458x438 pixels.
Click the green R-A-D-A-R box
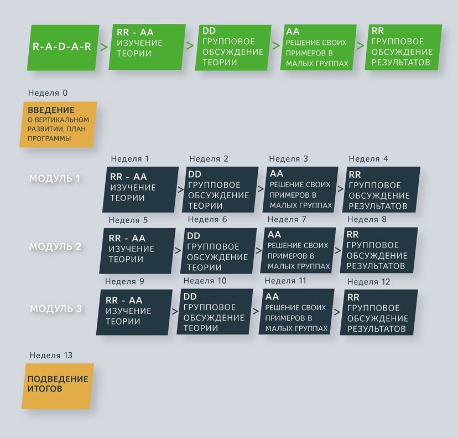tap(63, 48)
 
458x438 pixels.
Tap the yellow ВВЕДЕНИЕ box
tap(58, 125)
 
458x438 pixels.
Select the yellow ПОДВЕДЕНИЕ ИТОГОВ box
tap(58, 387)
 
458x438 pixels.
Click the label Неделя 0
tap(48, 93)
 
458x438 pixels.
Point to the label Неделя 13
tap(51, 355)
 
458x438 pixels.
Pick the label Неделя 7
tap(287, 219)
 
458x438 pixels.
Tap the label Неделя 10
tap(205, 281)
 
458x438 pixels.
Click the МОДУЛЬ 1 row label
tap(55, 178)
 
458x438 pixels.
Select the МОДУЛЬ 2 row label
tap(55, 246)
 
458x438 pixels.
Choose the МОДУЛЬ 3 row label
tap(56, 308)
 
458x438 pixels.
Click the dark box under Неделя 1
tap(140, 189)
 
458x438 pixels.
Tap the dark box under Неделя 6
tap(218, 251)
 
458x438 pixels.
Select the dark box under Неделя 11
tap(296, 312)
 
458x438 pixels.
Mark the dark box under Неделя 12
tap(379, 312)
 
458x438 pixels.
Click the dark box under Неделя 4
tap(381, 189)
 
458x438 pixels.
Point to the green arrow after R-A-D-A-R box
tap(104, 47)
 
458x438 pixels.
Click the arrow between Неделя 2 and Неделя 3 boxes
tap(261, 189)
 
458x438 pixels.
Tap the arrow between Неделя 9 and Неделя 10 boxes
tap(175, 311)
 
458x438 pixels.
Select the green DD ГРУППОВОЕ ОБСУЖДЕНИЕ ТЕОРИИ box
tap(233, 48)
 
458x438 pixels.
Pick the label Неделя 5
tap(128, 220)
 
